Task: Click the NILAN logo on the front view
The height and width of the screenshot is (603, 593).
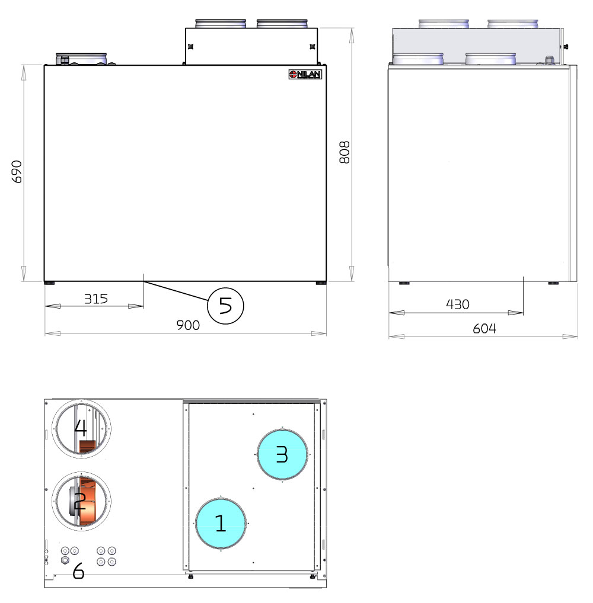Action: pyautogui.click(x=305, y=74)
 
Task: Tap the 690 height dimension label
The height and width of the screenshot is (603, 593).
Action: pyautogui.click(x=17, y=172)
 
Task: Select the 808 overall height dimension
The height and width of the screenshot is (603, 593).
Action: pyautogui.click(x=345, y=152)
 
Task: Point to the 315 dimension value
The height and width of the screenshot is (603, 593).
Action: pyautogui.click(x=96, y=299)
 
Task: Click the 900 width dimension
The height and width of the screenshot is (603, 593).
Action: pyautogui.click(x=188, y=325)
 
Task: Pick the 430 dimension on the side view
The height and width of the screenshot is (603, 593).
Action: pyautogui.click(x=457, y=304)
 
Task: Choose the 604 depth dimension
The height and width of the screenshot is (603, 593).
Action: pyautogui.click(x=484, y=329)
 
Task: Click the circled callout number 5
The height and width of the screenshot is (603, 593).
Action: pyautogui.click(x=226, y=306)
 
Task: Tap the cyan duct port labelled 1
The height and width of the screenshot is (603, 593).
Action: pyautogui.click(x=221, y=524)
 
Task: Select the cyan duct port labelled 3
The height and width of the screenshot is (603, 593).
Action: pyautogui.click(x=282, y=454)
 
